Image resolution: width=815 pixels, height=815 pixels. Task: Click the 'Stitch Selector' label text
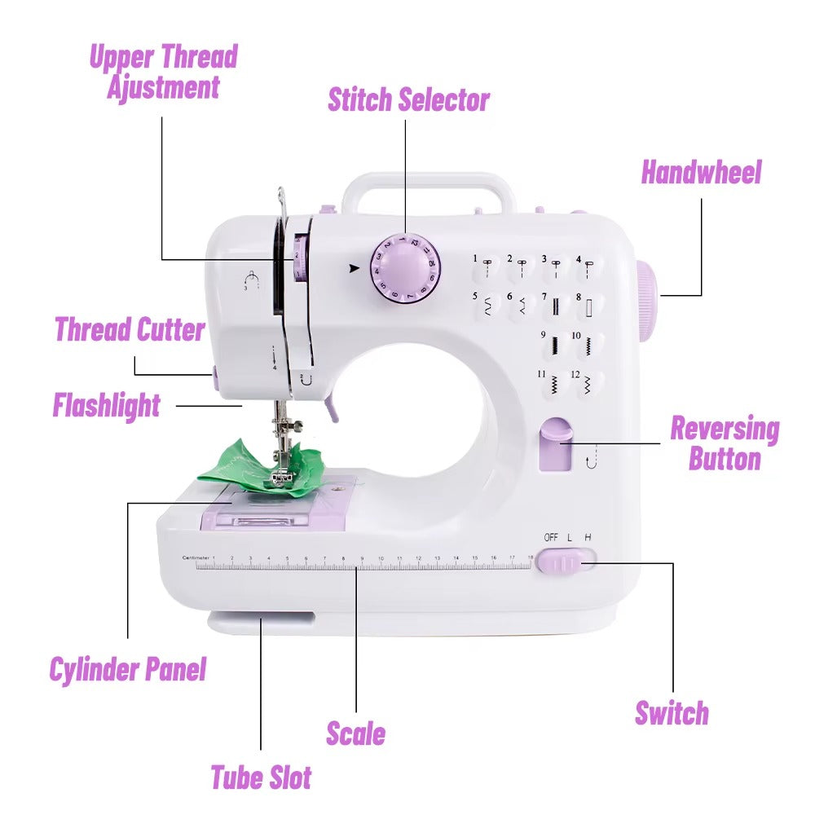408,99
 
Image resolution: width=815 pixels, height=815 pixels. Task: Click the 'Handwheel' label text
701,173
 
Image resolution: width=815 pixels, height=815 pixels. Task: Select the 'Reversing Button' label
724,443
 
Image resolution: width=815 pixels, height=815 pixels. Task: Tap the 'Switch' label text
672,713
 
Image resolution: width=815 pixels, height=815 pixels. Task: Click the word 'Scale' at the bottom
355,733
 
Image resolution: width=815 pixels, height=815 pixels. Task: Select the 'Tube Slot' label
261,777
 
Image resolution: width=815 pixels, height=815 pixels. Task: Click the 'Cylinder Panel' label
128,670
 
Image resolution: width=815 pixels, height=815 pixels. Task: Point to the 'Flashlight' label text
107,405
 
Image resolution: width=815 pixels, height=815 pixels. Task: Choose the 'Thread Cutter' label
130,330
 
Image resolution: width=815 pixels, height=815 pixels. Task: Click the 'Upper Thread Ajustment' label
163,72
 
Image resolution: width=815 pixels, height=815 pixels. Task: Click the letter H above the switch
588,537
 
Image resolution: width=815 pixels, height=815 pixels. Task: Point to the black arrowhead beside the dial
354,267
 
